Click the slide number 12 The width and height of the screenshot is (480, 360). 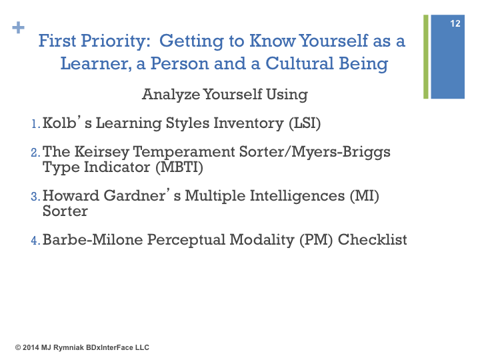[x=455, y=23]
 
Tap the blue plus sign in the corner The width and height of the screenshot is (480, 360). [x=19, y=27]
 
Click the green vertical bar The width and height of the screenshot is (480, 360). [x=426, y=57]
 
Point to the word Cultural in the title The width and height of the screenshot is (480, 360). [x=299, y=64]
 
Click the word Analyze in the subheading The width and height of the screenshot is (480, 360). [x=171, y=95]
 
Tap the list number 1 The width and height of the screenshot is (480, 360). [x=35, y=124]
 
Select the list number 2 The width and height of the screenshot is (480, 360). [x=35, y=153]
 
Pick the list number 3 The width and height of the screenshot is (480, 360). [x=35, y=197]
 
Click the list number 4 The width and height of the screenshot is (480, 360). [x=35, y=240]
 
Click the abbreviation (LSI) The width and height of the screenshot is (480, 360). [x=305, y=123]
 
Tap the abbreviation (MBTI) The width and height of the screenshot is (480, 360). [x=179, y=167]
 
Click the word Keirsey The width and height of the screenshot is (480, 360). [x=101, y=152]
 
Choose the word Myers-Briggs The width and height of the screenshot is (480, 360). [x=341, y=152]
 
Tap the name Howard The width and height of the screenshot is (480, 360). [x=71, y=196]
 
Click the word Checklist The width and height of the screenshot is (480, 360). [x=372, y=240]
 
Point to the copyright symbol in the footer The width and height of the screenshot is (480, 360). [x=18, y=347]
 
